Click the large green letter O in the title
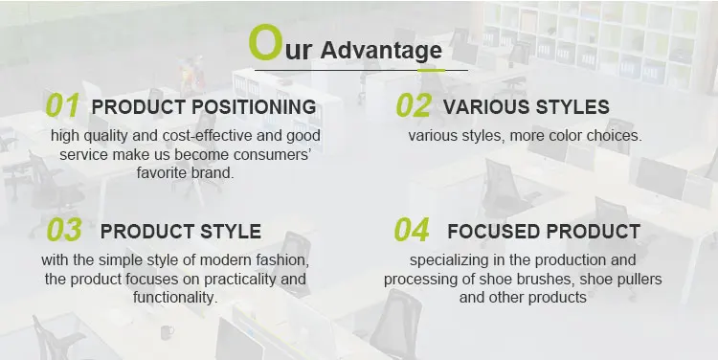[264, 42]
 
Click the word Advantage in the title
[381, 51]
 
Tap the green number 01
[62, 105]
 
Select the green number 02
[414, 105]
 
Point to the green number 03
[64, 230]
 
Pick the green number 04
[412, 230]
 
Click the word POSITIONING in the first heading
[254, 106]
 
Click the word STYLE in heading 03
[231, 232]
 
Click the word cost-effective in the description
[208, 136]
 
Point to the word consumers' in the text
[272, 155]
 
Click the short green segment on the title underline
[432, 71]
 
